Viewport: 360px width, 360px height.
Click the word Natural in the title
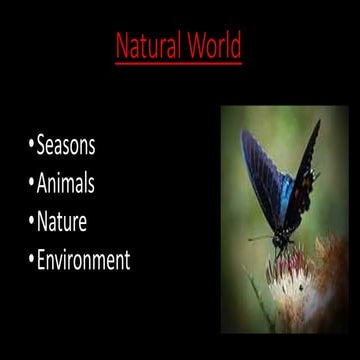click(148, 47)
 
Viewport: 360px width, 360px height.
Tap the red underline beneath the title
click(178, 63)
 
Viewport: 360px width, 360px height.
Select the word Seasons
click(66, 146)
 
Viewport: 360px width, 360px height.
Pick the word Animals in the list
click(68, 185)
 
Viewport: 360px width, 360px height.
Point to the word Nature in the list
click(63, 223)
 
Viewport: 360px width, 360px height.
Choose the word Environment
click(83, 262)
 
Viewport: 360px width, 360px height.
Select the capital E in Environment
click(42, 262)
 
